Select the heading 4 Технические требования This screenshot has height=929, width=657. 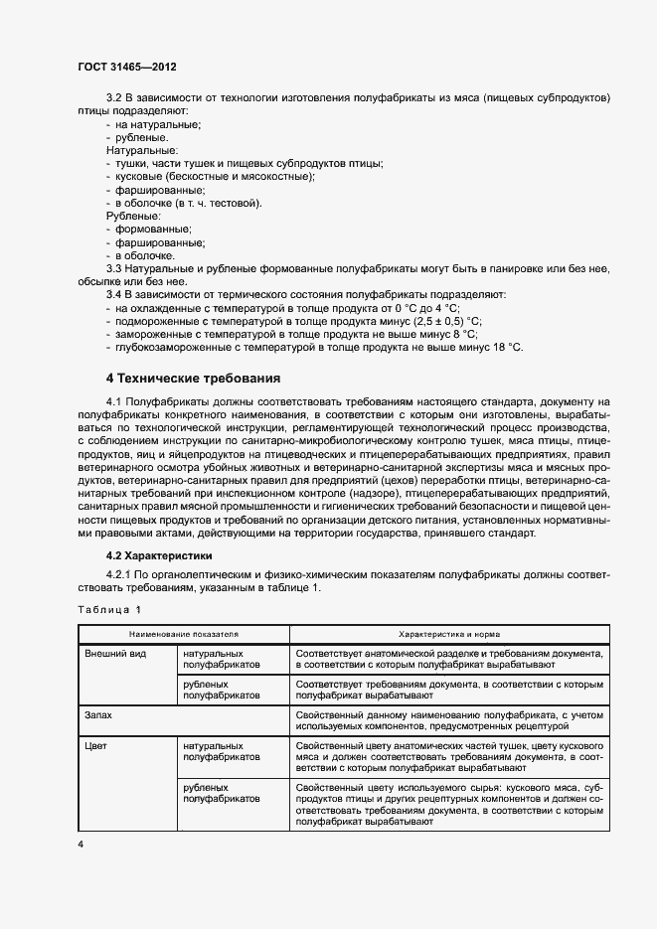(193, 378)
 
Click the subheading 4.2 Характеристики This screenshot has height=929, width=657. (159, 555)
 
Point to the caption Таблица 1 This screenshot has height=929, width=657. (109, 609)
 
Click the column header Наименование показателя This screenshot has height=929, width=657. (183, 633)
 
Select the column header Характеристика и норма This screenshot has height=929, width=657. (449, 633)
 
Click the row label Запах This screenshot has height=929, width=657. (98, 714)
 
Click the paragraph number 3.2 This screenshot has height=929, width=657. (113, 97)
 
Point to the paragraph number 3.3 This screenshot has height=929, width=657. (113, 268)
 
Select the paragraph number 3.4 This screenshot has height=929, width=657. (113, 295)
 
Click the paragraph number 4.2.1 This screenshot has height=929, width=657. (118, 575)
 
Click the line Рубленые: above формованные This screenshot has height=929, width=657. (133, 215)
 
